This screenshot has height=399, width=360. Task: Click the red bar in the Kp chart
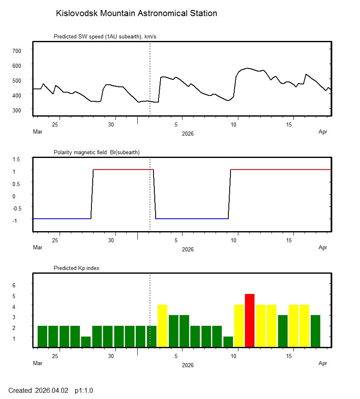(250, 320)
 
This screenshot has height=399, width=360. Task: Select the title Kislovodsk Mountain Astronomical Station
(136, 13)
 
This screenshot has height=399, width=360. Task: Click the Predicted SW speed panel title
(105, 37)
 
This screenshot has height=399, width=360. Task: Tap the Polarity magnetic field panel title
(96, 153)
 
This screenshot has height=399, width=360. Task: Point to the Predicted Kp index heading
(77, 268)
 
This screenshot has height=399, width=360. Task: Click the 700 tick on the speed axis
(17, 50)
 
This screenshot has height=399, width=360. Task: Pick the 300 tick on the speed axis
(17, 110)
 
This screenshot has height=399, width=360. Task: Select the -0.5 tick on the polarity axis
(16, 208)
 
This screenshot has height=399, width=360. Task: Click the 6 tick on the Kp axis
(14, 285)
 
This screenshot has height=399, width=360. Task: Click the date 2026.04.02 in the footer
(53, 390)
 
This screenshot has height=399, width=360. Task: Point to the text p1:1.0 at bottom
(84, 390)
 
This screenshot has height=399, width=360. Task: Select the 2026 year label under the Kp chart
(187, 365)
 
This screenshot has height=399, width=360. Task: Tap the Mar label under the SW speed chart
(38, 132)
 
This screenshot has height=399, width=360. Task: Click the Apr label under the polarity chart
(323, 248)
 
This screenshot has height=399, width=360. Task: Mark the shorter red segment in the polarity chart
(123, 170)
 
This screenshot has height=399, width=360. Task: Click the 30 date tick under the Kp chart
(111, 356)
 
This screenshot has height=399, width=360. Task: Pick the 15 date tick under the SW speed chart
(290, 125)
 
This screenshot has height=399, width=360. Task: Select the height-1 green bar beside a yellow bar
(228, 342)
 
